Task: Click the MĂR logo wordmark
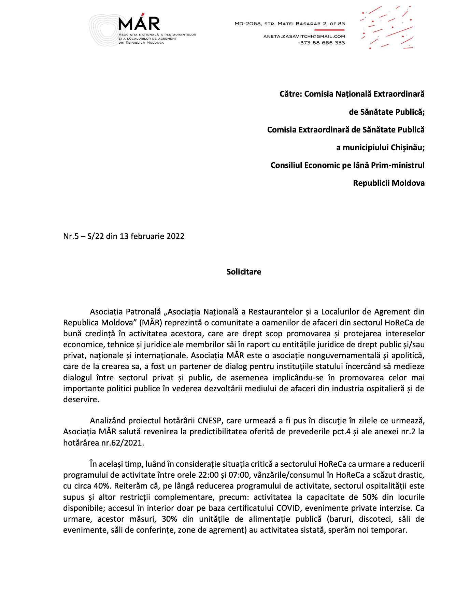pos(139,24)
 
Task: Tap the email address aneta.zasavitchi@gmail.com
pos(304,36)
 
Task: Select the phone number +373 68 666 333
pos(321,43)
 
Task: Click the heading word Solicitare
pos(244,272)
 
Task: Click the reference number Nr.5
pos(71,236)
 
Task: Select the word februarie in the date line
pos(148,236)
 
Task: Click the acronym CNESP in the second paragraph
pos(210,421)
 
